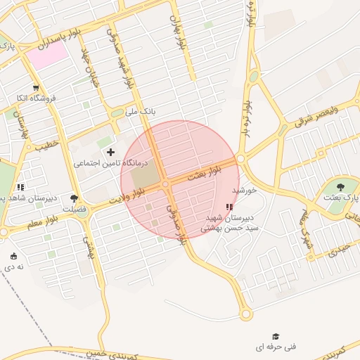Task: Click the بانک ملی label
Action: click(139, 110)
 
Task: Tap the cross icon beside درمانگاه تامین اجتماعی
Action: click(110, 152)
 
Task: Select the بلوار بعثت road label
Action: click(204, 173)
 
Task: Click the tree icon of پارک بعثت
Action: click(340, 187)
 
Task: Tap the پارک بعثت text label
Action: click(340, 198)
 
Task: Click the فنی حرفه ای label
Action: click(276, 347)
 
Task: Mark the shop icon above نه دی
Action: click(15, 256)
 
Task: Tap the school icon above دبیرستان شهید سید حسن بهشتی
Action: click(229, 207)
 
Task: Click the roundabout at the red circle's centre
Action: click(166, 184)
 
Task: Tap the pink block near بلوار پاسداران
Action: click(48, 56)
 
